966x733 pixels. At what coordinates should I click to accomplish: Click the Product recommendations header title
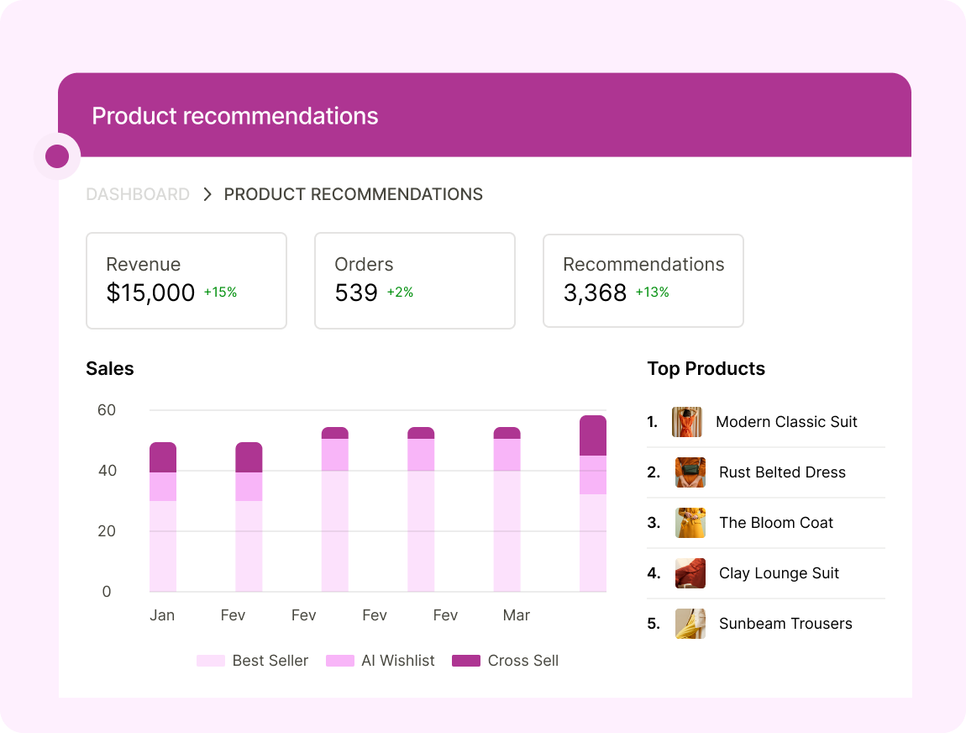click(234, 116)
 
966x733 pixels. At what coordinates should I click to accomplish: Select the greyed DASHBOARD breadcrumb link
click(138, 194)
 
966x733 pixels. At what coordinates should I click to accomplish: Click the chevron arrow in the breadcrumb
click(207, 194)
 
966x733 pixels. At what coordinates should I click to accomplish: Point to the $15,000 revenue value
click(150, 293)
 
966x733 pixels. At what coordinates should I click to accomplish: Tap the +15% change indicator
click(220, 293)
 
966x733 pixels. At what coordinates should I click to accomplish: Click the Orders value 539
click(355, 293)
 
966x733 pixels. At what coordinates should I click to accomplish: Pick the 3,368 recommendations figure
click(595, 293)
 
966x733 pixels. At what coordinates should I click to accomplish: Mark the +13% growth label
click(652, 293)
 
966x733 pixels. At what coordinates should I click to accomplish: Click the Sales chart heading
click(110, 368)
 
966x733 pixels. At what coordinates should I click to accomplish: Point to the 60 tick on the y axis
click(107, 410)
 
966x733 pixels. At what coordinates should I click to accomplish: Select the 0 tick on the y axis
click(107, 592)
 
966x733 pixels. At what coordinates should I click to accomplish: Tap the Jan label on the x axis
click(162, 615)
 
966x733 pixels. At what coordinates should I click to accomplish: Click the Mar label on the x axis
click(516, 615)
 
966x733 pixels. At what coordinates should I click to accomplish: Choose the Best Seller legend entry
click(253, 661)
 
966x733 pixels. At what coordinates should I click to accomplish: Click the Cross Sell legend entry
click(505, 661)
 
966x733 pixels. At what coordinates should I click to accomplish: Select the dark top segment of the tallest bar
click(593, 435)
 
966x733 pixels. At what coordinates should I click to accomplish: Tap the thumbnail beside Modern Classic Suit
click(686, 422)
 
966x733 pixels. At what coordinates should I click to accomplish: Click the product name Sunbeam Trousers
click(785, 624)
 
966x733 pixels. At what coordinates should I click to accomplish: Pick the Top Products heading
click(706, 368)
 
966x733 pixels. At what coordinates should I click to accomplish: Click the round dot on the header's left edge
click(57, 156)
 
